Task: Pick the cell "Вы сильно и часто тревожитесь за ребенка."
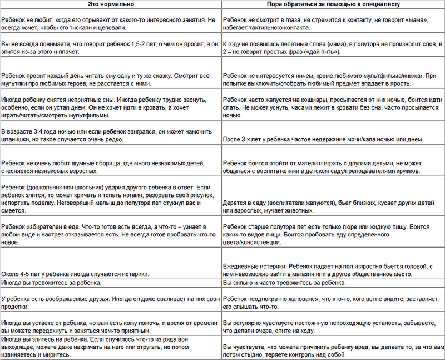click(284, 283)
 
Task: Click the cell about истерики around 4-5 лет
click(75, 274)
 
